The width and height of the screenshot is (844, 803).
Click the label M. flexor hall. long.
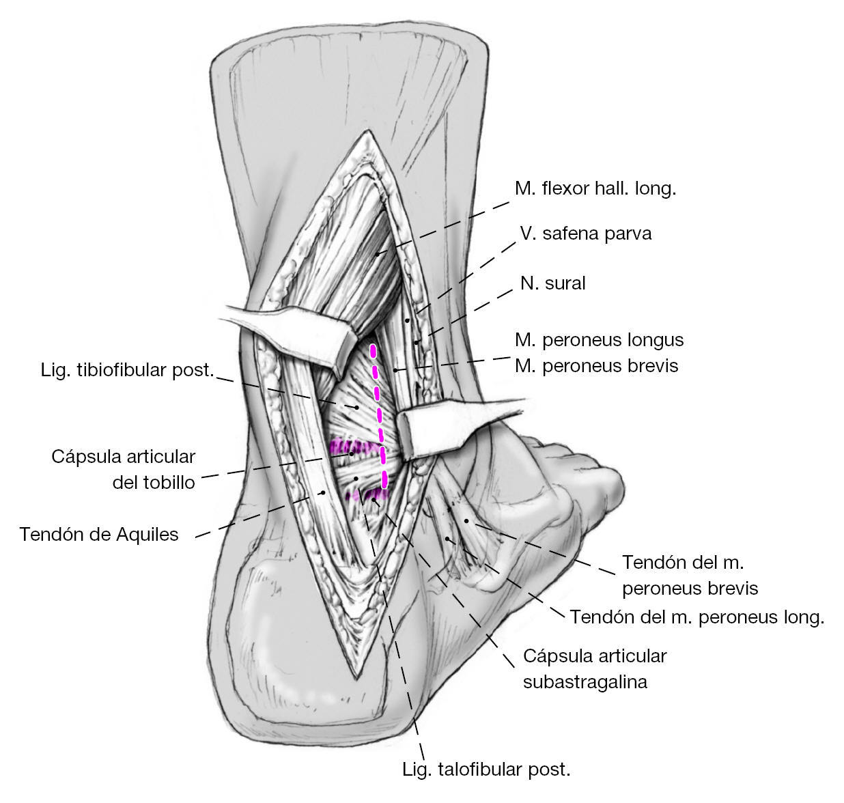(x=595, y=188)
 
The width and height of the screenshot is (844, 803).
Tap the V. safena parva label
(x=585, y=234)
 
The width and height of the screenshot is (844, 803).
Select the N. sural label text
(x=552, y=283)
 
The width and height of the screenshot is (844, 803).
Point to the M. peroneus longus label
(x=599, y=339)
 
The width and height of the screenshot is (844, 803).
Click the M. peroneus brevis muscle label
(x=596, y=366)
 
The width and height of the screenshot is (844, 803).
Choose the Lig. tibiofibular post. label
(x=128, y=371)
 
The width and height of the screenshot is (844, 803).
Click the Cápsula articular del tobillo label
(x=124, y=469)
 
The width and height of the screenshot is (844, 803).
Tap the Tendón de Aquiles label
(x=99, y=534)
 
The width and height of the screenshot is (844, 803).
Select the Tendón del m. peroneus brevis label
(x=690, y=575)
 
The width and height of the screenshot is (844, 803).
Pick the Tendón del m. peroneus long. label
(x=697, y=617)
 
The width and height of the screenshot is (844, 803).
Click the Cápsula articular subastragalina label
(x=594, y=668)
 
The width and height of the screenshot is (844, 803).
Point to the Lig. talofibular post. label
(x=486, y=770)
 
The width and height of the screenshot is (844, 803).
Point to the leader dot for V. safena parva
(x=407, y=320)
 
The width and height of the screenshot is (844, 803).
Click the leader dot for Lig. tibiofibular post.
(x=356, y=407)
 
